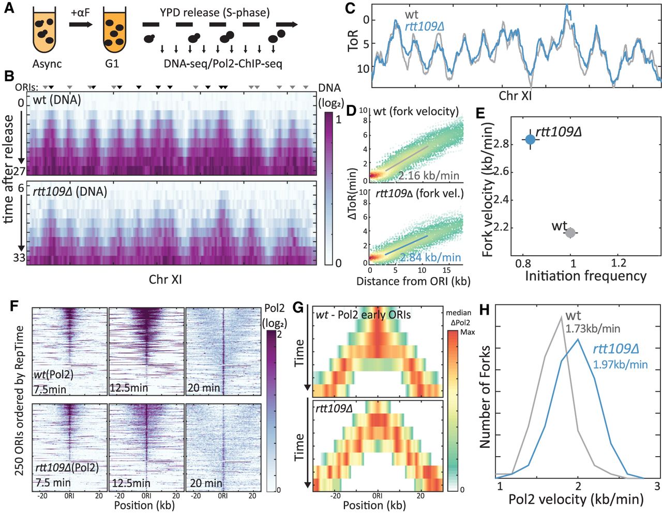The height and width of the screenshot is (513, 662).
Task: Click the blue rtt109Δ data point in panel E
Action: point(530,139)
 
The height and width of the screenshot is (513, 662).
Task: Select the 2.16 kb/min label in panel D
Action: point(429,176)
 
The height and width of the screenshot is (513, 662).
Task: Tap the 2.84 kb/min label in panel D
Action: point(430,257)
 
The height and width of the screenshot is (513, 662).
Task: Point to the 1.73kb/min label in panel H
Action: point(592,329)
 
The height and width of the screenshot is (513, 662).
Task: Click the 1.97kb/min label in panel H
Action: point(620,364)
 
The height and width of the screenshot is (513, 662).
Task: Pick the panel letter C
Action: point(350,9)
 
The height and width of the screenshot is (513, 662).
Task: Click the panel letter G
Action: point(298,308)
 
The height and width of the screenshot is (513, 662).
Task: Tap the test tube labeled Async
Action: point(47,33)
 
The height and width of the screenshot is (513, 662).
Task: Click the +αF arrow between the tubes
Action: point(81,24)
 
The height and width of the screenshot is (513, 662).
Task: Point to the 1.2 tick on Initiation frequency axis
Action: point(619,263)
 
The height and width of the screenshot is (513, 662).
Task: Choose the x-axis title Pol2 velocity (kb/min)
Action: point(576,500)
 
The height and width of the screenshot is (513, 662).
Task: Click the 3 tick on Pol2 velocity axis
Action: point(657,486)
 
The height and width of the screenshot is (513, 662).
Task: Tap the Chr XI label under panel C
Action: point(516,96)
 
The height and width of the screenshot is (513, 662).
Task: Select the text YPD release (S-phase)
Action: point(215,12)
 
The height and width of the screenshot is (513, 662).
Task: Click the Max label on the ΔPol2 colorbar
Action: point(468,332)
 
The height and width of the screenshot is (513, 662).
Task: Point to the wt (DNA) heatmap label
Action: point(57,100)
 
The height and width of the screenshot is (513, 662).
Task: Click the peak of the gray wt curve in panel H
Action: point(561,317)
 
